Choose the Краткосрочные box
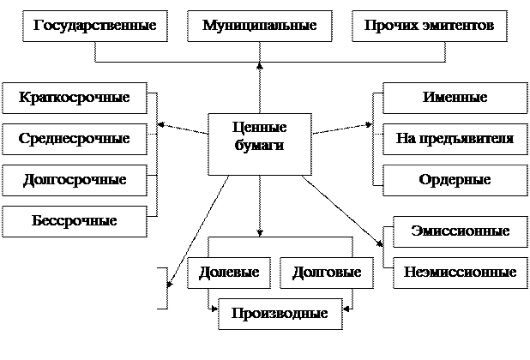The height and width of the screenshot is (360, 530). point(74,98)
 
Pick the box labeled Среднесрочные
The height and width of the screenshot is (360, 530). point(74,139)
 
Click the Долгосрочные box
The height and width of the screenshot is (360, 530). point(74,180)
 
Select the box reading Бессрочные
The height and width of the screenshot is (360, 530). point(74,221)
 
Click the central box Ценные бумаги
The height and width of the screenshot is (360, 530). point(259,144)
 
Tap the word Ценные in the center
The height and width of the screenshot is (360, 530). point(259,127)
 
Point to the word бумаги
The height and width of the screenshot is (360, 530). point(259,146)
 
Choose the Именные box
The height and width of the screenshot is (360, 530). point(455,98)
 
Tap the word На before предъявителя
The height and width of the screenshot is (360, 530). point(405,139)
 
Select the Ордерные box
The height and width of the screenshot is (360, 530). point(455,180)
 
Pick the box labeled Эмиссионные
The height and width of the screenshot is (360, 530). point(460,231)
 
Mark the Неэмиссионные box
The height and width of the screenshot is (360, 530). point(460,273)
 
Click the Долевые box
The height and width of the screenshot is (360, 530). point(229,273)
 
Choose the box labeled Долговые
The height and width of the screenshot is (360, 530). point(327,273)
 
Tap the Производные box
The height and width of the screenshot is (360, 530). point(280,313)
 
